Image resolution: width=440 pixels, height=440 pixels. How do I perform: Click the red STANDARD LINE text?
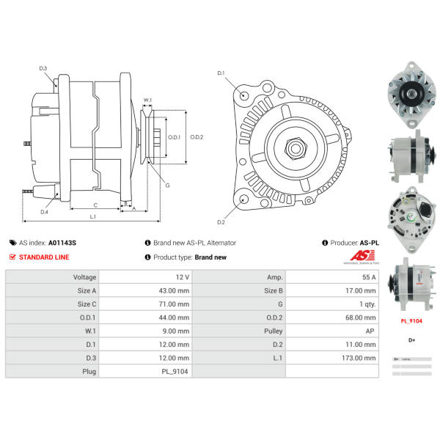pos(44,257)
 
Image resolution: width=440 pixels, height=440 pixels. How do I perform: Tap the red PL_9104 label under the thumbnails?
pos(411,320)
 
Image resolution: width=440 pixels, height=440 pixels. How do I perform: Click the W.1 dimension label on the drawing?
pos(147,100)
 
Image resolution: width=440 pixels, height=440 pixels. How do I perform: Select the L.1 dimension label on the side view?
pos(93,217)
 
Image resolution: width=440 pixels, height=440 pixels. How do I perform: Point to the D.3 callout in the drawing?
pos(43,69)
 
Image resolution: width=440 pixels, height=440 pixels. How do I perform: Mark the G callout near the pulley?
pos(166,186)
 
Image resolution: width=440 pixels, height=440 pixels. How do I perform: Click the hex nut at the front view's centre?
pos(297,147)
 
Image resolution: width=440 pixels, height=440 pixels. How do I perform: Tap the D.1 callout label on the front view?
pos(221,73)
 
